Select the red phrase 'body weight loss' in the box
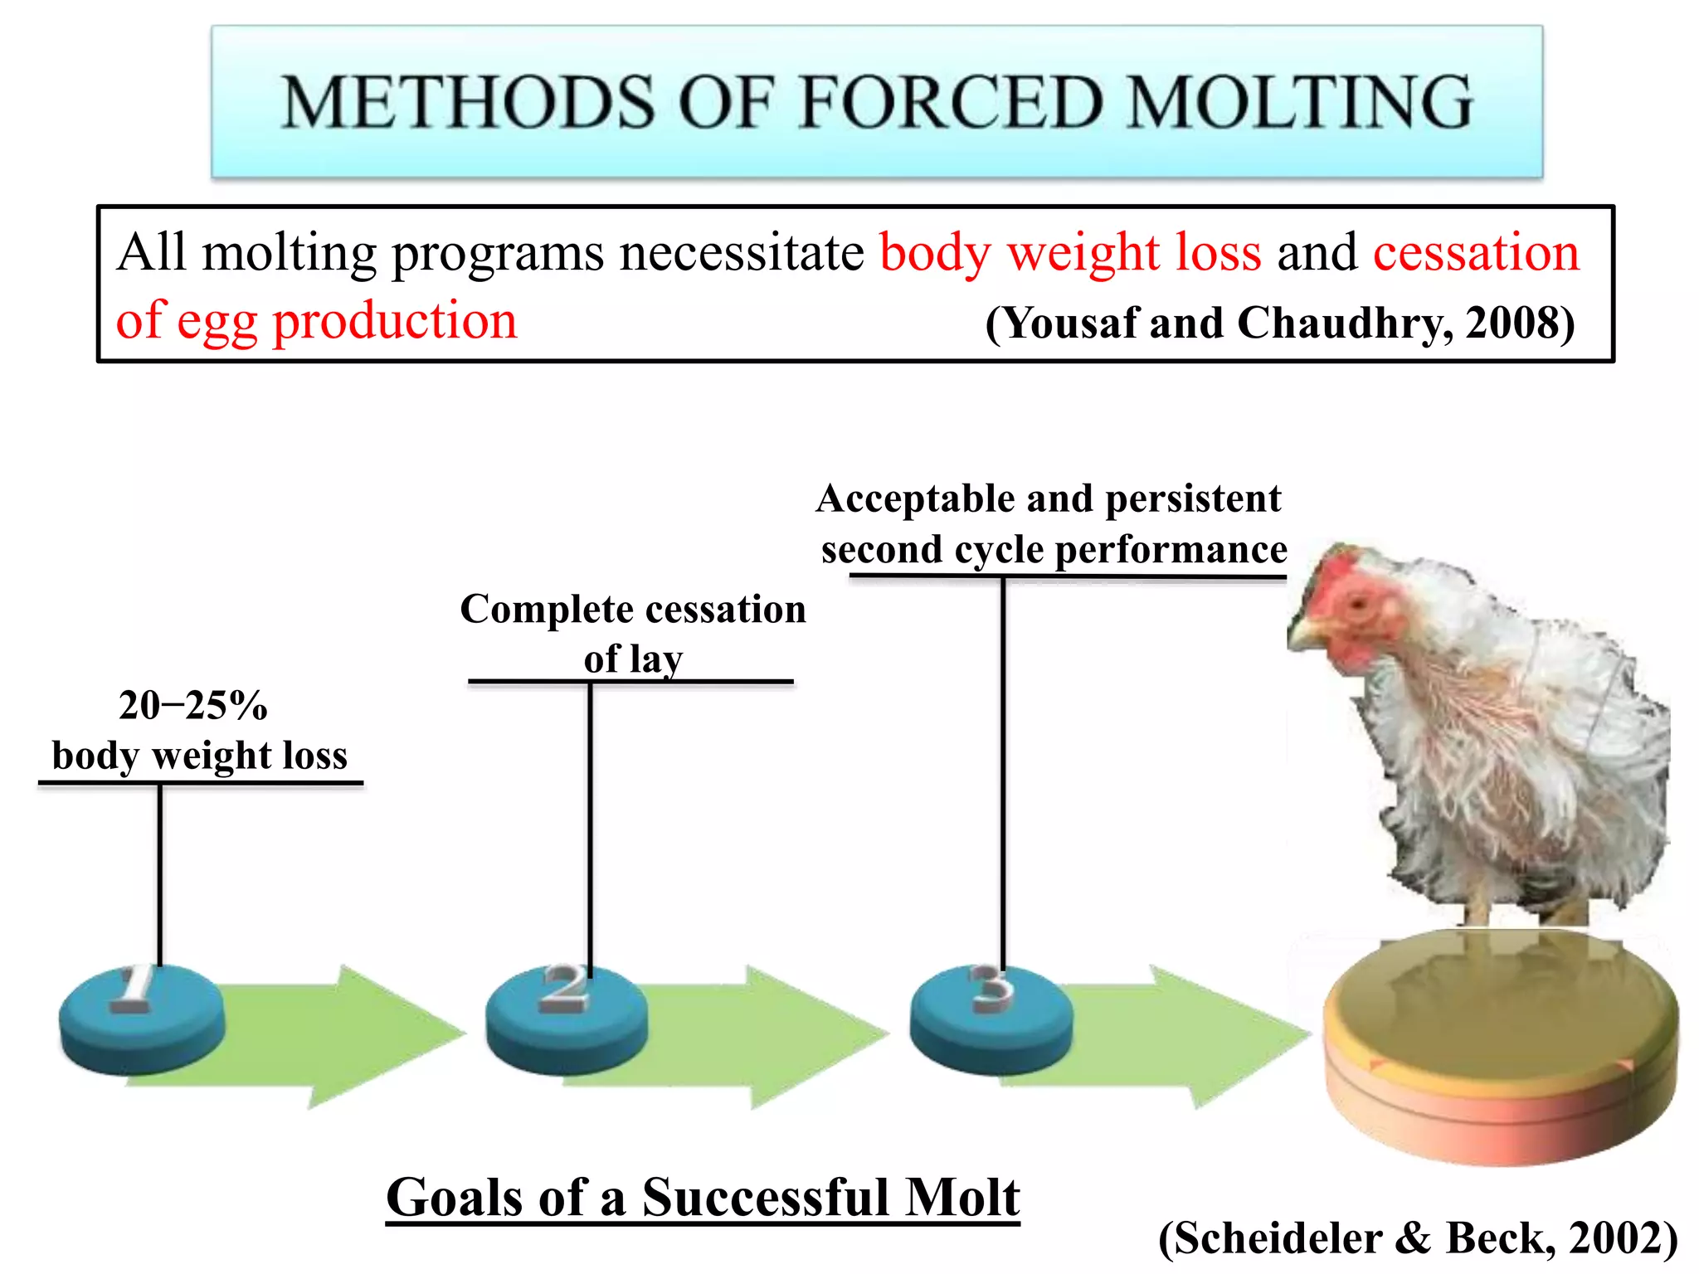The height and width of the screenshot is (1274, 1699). [x=1070, y=252]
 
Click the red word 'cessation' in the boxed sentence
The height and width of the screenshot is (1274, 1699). [x=1476, y=252]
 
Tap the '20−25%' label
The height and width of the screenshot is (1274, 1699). [x=193, y=706]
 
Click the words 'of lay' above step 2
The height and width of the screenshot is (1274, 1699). [x=633, y=659]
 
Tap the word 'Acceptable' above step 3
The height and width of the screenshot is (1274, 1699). [x=913, y=499]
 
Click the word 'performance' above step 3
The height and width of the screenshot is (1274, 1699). [x=1171, y=550]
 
